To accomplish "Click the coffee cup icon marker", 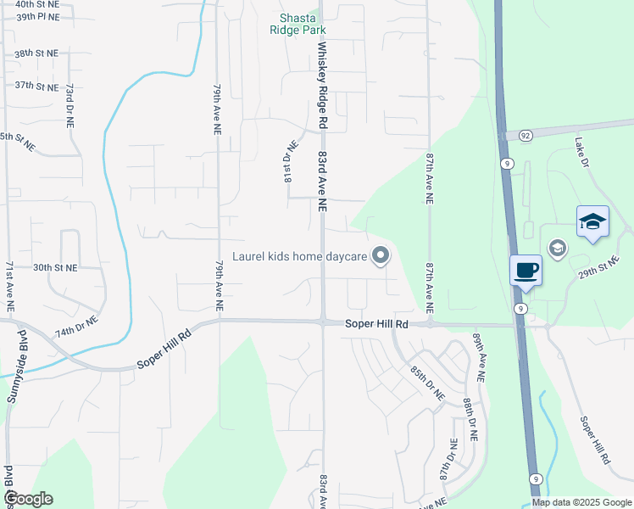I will [526, 270].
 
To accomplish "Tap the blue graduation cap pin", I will [592, 221].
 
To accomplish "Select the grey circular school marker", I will [557, 248].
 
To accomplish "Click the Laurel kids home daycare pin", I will [381, 255].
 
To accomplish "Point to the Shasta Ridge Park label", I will [298, 24].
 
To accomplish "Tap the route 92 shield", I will [526, 135].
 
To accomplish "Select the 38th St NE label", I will [36, 53].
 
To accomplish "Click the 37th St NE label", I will [36, 86].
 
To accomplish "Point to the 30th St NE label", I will [54, 267].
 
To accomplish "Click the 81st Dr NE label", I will [286, 163].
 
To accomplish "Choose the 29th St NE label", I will [600, 270].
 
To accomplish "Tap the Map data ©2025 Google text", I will [581, 502].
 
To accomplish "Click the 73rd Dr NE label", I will [71, 104].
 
